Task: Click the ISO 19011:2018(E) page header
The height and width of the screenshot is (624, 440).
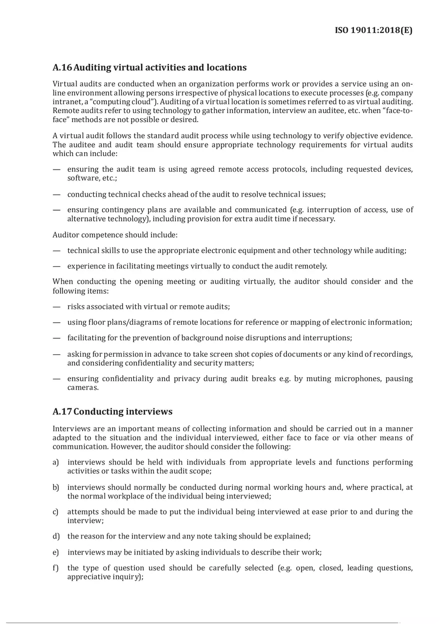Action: coord(373,31)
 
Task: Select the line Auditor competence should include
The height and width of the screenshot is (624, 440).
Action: coord(115,234)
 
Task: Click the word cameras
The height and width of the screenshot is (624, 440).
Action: coord(82,387)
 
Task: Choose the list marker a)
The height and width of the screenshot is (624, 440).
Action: coord(56,462)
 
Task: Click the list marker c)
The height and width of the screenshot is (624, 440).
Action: coord(56,511)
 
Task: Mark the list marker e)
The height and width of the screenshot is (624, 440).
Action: coord(56,552)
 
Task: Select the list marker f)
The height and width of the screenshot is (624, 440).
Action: coord(56,567)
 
